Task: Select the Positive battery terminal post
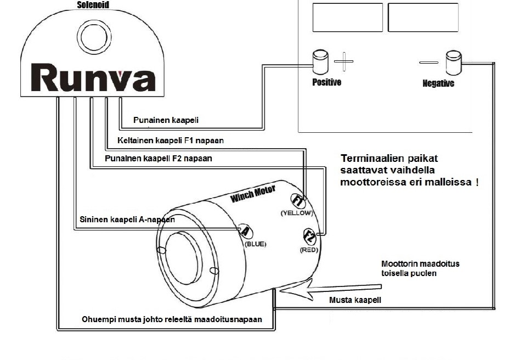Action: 320,62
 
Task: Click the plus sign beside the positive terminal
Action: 344,61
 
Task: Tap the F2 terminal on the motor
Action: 309,237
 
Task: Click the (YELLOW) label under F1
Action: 296,213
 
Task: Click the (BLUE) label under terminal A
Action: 255,244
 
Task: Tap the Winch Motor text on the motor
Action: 253,193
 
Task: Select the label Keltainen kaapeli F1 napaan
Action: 171,140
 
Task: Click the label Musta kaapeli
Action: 355,300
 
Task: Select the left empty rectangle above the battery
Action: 347,17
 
